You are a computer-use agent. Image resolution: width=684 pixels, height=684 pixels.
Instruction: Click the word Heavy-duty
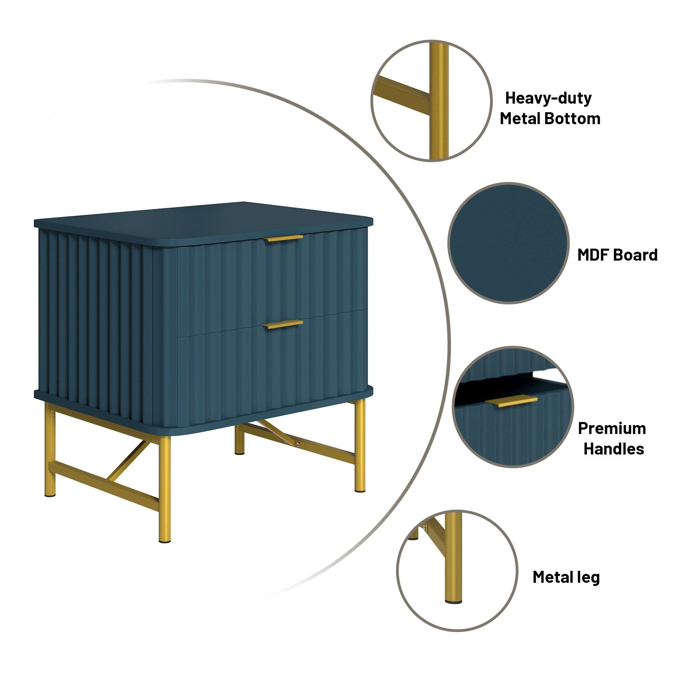(x=548, y=98)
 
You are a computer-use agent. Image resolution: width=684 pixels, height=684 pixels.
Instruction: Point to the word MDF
(x=594, y=255)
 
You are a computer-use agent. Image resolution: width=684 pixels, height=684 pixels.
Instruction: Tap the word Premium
(x=612, y=429)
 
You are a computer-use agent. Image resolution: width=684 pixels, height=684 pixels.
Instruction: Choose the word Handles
(x=614, y=449)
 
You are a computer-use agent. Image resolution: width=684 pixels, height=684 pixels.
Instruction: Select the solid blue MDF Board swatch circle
(x=508, y=243)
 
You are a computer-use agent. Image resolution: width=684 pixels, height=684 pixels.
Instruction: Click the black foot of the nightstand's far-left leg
(x=50, y=496)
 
